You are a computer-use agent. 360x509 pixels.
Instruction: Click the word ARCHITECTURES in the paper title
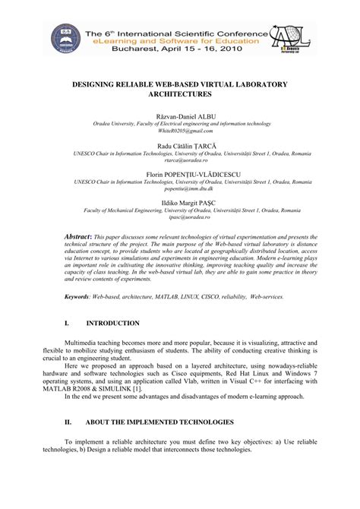[x=180, y=98]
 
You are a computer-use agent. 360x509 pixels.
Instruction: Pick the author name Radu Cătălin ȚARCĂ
[x=180, y=146]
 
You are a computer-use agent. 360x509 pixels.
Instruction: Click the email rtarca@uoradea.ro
[x=180, y=161]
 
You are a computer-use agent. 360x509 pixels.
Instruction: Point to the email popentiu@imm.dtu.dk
[x=180, y=188]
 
